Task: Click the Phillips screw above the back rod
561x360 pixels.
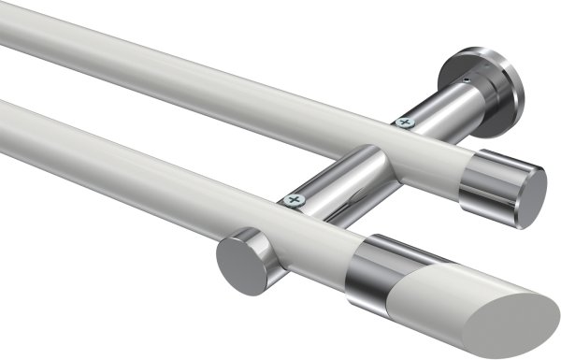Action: pyautogui.click(x=405, y=121)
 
